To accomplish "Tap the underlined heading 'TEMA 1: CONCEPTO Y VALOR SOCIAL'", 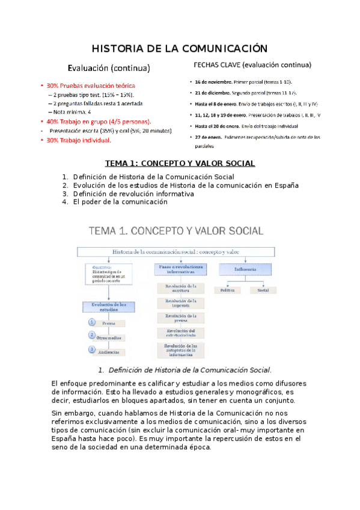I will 180,163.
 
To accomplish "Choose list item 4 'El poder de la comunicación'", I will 120,202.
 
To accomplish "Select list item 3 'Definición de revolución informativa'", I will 133,194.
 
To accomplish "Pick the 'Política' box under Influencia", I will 228,290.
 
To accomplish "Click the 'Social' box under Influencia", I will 263,290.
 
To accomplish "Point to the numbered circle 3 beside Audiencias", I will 92,349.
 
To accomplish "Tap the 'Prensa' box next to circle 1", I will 109,323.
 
